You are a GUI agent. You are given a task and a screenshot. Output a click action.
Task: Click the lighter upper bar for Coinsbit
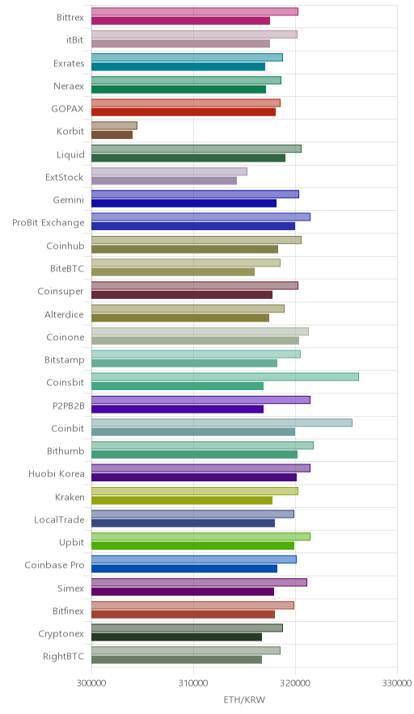pos(225,376)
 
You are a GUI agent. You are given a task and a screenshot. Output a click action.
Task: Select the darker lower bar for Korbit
pos(112,135)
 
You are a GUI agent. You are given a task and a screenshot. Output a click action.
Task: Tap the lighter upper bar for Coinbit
pos(222,422)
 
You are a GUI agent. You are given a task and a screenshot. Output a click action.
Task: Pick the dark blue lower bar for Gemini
pos(184,203)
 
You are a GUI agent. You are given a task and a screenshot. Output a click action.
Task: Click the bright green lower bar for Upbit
pos(193,545)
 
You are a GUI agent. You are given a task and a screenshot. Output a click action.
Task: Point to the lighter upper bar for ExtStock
pos(169,171)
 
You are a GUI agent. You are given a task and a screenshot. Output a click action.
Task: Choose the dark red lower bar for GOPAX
pos(184,112)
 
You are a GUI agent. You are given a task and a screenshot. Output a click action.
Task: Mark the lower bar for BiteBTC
pos(173,272)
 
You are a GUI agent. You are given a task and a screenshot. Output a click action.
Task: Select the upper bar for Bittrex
pos(195,11)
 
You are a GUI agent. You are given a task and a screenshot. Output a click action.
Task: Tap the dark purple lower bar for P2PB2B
pos(177,409)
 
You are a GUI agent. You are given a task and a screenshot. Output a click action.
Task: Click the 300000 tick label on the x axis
pos(91,683)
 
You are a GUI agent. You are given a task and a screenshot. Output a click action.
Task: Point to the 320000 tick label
pos(295,683)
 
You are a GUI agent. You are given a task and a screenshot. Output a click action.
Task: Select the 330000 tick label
pos(397,683)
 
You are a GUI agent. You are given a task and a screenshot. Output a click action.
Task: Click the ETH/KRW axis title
pos(244,700)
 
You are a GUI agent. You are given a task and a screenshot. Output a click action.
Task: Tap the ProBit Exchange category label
pos(49,223)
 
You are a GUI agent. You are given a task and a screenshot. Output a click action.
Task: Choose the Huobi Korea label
pos(57,473)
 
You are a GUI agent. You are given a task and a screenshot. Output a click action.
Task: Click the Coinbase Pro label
pos(55,565)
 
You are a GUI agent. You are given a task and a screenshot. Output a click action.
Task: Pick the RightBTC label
pos(63,656)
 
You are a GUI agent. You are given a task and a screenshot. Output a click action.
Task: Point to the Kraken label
pos(70,497)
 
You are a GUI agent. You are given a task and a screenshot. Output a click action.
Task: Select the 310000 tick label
pos(193,683)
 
